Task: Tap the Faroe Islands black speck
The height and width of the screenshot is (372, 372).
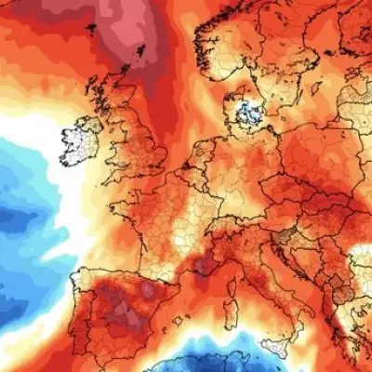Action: (x=90, y=25)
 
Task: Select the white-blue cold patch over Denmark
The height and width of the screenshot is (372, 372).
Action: (x=246, y=113)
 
